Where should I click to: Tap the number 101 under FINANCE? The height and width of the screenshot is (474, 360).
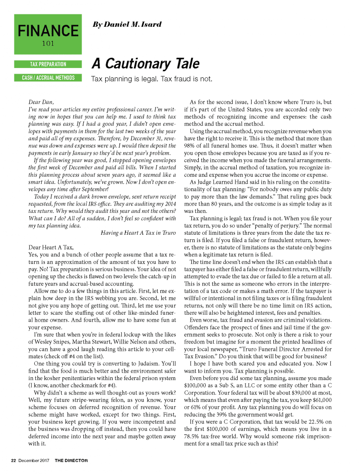tap(48, 44)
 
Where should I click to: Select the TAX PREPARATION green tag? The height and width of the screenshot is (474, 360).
tap(48, 64)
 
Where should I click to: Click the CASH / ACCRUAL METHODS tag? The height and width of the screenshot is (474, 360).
tap(48, 78)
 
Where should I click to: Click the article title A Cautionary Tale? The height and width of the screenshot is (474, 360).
tap(145, 63)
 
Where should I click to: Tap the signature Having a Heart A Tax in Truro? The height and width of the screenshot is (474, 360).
tap(138, 232)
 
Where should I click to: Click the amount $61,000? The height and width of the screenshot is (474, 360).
tap(320, 399)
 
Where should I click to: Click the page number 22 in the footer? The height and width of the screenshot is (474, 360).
tap(14, 461)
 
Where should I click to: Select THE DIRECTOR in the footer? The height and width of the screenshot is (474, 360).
tap(71, 461)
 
